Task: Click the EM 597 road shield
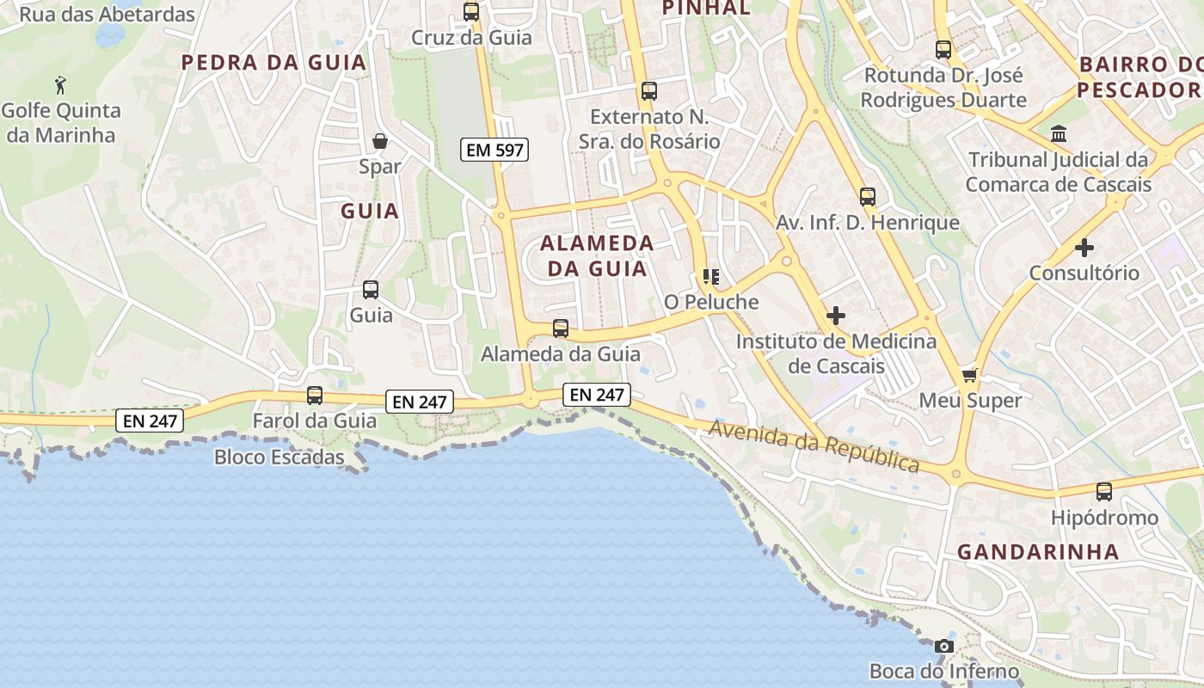tap(494, 150)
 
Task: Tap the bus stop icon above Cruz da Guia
tap(471, 12)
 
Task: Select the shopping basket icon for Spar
tap(380, 140)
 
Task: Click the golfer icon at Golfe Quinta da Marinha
tap(60, 85)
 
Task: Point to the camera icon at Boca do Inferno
tap(944, 646)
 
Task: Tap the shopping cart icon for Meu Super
tap(970, 375)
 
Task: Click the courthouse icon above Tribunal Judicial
tap(1059, 134)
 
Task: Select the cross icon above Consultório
tap(1084, 248)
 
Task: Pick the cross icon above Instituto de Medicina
tap(836, 316)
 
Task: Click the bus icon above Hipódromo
tap(1104, 492)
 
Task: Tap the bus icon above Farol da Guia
tap(315, 396)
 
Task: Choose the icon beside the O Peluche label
tap(711, 277)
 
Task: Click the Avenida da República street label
tap(814, 445)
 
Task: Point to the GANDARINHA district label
tap(1038, 552)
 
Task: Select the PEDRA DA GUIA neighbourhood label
tap(274, 62)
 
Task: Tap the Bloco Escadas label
tap(279, 457)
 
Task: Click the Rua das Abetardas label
tap(107, 15)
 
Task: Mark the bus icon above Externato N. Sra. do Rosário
tap(649, 91)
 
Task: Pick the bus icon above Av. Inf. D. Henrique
tap(868, 197)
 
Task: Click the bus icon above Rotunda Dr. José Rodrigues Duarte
tap(943, 50)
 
